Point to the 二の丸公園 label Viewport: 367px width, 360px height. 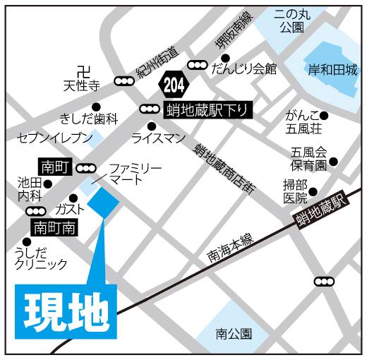click(290, 20)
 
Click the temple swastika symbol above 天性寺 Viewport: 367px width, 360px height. click(84, 71)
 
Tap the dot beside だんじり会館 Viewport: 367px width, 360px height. click(225, 58)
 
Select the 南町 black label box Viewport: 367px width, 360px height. click(54, 168)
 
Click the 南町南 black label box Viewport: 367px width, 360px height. click(54, 228)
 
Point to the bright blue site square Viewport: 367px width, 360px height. click(104, 205)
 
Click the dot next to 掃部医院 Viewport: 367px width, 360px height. click(313, 191)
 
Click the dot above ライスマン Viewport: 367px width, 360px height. click(150, 125)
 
